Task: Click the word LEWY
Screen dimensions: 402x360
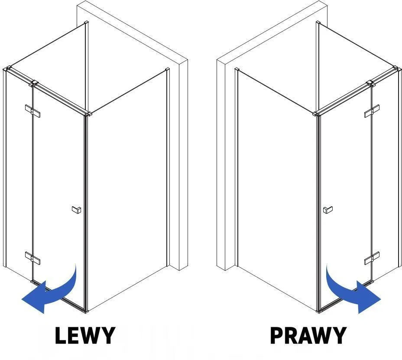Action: tap(85, 335)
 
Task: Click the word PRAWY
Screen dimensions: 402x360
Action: tap(308, 335)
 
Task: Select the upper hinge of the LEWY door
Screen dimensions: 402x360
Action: tap(33, 111)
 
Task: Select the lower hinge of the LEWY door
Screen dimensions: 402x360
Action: tap(33, 258)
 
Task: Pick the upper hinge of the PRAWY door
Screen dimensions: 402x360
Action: tap(372, 111)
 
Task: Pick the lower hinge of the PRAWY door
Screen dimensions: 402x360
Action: tap(372, 258)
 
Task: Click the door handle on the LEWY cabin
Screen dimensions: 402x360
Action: tap(76, 209)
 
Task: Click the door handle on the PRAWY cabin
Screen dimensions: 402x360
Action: tap(328, 209)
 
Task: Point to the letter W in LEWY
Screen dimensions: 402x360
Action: tap(91, 335)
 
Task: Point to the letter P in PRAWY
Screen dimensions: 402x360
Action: tap(276, 335)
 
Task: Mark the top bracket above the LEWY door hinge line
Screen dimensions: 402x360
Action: tap(34, 84)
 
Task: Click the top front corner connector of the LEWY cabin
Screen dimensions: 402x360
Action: tap(88, 114)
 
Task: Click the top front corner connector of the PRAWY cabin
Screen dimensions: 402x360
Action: tap(316, 114)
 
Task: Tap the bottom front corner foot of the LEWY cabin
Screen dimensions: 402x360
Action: tap(86, 312)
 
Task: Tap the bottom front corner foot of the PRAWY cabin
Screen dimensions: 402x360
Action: tap(318, 312)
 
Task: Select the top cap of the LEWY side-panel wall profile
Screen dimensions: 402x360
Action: tap(167, 70)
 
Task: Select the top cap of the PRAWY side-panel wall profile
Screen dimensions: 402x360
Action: tap(237, 70)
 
